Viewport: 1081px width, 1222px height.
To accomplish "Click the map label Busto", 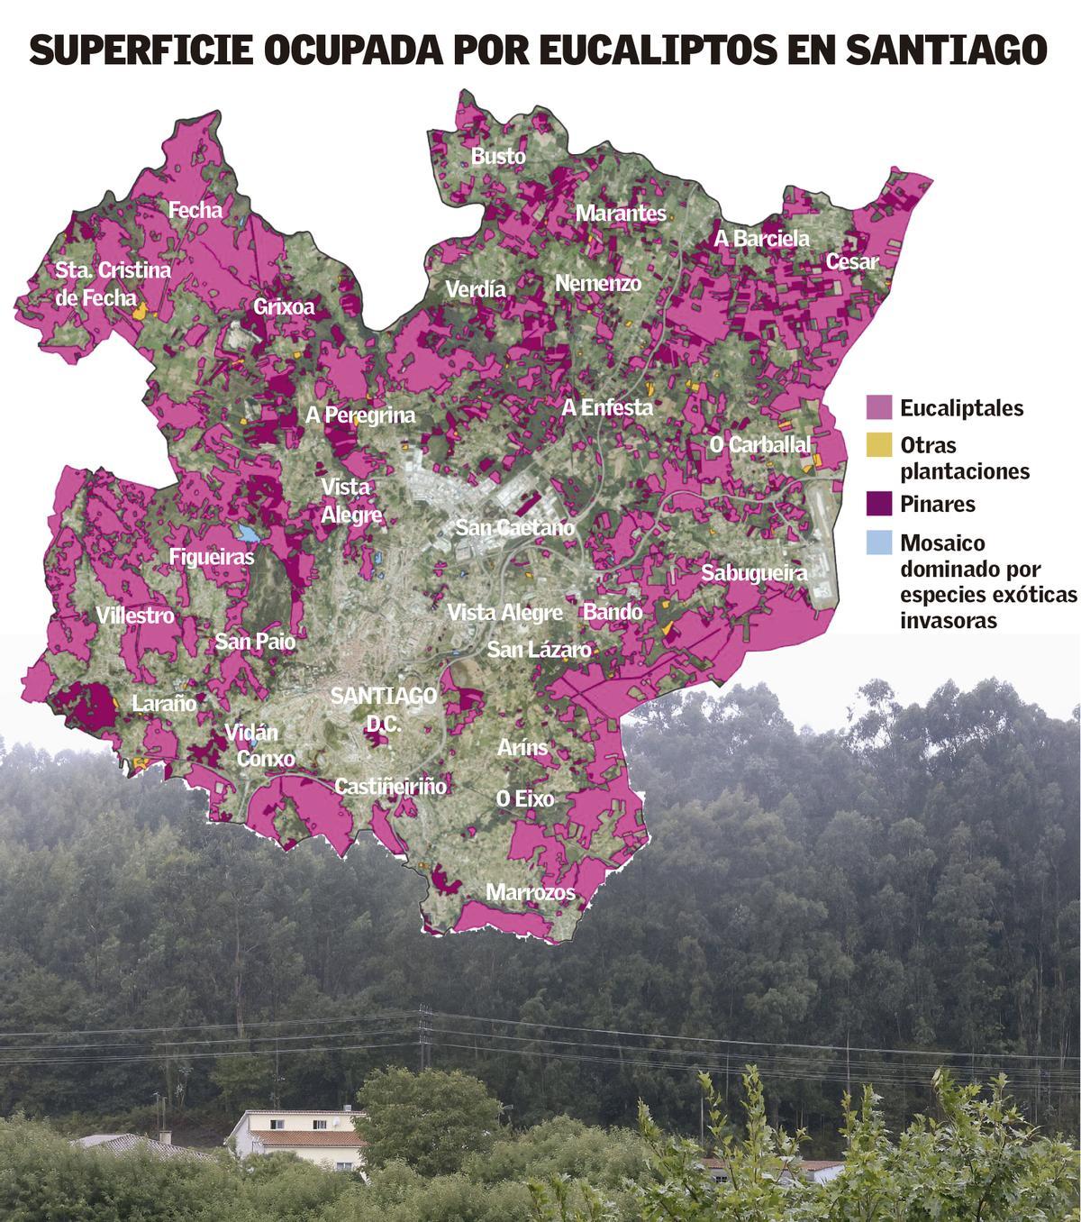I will pos(498,157).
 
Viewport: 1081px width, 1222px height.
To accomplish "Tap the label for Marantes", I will pos(621,214).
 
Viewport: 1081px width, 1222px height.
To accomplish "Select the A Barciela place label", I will pos(761,239).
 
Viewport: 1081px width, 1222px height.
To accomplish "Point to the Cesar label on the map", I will pos(851,262).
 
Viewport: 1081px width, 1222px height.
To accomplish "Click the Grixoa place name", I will pos(284,307).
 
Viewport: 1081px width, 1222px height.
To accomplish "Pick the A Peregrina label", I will pos(360,415).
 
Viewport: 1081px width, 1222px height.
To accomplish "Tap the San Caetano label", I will pos(514,528).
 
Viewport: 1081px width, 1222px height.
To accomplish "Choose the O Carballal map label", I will pos(760,444).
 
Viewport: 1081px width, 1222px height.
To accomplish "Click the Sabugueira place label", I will pos(753,572).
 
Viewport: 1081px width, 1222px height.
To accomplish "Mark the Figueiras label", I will pos(212,557).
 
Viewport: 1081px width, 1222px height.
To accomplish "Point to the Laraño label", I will pos(164,704).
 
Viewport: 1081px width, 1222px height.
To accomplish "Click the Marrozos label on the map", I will pos(530,893).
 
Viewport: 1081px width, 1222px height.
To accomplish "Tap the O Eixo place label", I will pos(525,799).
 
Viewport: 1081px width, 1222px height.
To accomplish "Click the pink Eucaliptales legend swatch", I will pos(878,407).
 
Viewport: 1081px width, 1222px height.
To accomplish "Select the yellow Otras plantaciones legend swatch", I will pos(878,445).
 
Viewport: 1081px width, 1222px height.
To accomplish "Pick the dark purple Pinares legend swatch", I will pos(878,504).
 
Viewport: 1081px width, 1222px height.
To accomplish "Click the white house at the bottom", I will pos(297,1139).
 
